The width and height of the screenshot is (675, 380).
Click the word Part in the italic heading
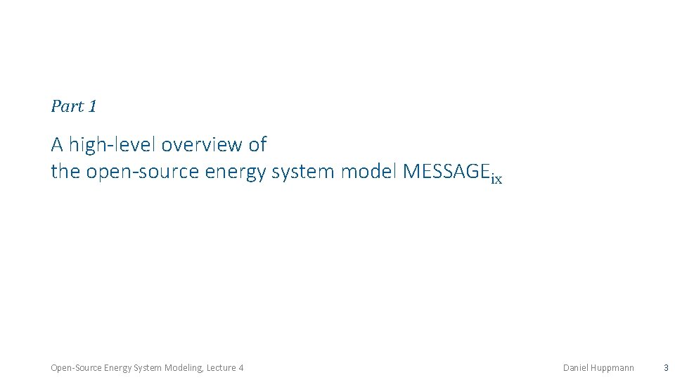[67, 107]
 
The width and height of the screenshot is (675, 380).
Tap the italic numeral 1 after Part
[92, 107]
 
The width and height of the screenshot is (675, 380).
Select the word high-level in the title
[112, 145]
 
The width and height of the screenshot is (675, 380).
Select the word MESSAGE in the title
[446, 171]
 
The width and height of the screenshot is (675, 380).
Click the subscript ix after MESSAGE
[496, 179]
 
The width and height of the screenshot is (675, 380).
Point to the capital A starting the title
[57, 145]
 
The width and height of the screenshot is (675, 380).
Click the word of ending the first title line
[257, 145]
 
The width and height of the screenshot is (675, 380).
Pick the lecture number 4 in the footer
[241, 367]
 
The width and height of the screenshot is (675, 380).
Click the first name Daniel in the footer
[577, 367]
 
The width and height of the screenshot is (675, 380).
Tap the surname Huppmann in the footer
[613, 367]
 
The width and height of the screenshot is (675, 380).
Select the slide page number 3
[666, 367]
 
